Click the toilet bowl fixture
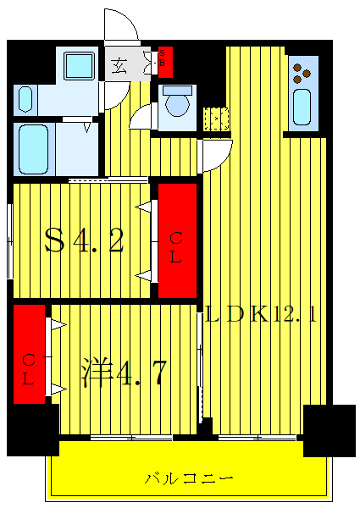point(178,104)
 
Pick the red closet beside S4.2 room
point(177,240)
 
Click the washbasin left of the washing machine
point(25,99)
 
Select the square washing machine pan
point(80,66)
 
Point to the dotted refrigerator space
point(217,119)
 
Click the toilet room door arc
point(142,117)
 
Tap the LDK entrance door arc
point(216,154)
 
